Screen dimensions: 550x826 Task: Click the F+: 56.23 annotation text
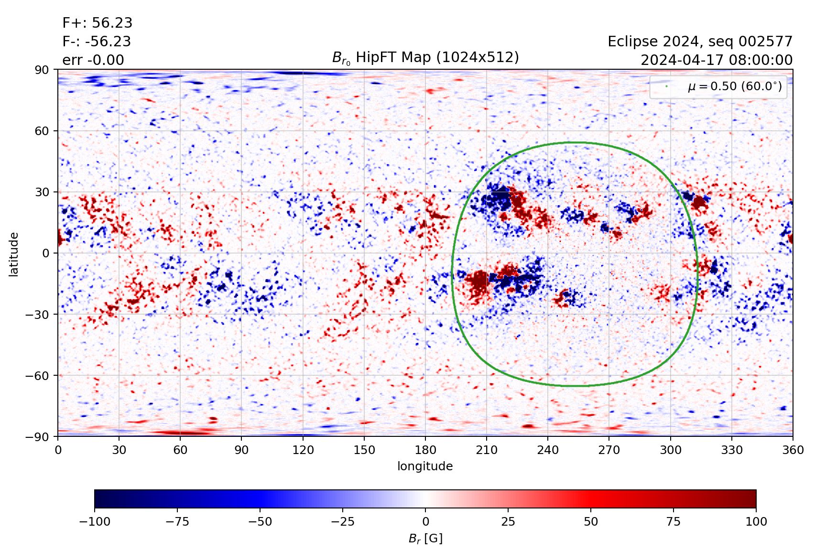coord(97,23)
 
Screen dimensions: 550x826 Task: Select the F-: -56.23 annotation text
coord(96,42)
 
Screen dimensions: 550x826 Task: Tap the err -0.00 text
coord(93,60)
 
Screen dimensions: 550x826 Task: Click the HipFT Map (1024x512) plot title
coord(425,58)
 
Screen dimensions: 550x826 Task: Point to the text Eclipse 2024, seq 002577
coord(700,42)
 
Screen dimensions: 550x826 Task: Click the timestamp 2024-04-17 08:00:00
coord(716,60)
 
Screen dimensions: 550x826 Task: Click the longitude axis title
coord(425,466)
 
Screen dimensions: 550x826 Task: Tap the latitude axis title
coord(14,254)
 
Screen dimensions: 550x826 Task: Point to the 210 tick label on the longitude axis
coord(487,450)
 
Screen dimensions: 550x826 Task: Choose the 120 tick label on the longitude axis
coord(303,450)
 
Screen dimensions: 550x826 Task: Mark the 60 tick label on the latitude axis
coord(42,131)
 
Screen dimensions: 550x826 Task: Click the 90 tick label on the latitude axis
coord(42,70)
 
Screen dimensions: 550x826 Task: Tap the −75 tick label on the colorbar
coord(177,521)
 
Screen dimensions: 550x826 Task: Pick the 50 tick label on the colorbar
coord(591,521)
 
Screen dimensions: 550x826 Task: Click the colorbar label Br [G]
coord(425,539)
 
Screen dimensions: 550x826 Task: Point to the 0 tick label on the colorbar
coord(425,521)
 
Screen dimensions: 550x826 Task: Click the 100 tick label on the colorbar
coord(756,521)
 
